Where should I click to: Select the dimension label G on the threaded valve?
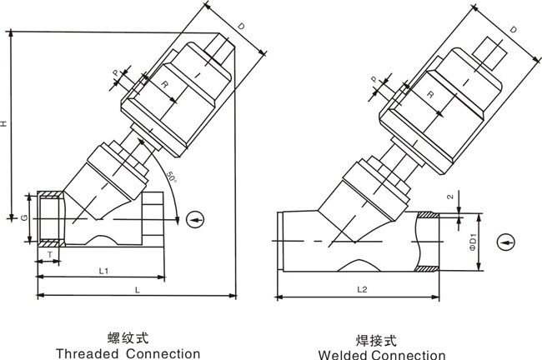pyautogui.click(x=25, y=218)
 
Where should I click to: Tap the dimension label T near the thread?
pyautogui.click(x=50, y=253)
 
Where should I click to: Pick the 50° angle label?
pyautogui.click(x=170, y=177)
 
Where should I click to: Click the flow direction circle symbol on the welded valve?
pyautogui.click(x=504, y=242)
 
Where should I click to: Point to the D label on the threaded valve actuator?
pyautogui.click(x=240, y=28)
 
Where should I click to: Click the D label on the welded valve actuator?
pyautogui.click(x=512, y=30)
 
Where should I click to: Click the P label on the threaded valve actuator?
pyautogui.click(x=116, y=72)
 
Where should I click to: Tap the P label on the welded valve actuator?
pyautogui.click(x=374, y=82)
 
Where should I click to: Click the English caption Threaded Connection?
pyautogui.click(x=128, y=352)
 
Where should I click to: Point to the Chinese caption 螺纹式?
pyautogui.click(x=128, y=338)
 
